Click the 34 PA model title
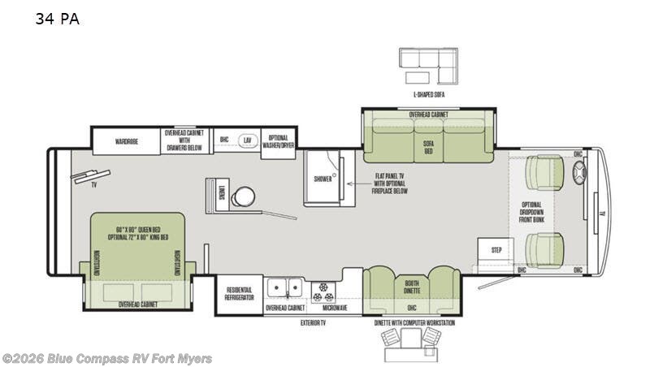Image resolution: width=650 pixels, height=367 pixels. coord(57,19)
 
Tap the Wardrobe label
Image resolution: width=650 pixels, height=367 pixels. coord(126,141)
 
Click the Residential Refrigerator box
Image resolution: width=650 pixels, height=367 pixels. coord(239,294)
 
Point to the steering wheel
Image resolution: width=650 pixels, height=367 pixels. coord(579,173)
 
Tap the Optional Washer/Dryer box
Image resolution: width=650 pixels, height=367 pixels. coord(279,141)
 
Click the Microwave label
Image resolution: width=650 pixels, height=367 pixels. coord(334,309)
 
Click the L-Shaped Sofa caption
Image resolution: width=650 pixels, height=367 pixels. coord(428,95)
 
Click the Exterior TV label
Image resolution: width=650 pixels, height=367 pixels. coord(314,322)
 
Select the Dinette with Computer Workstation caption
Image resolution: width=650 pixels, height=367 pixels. coord(415,323)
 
